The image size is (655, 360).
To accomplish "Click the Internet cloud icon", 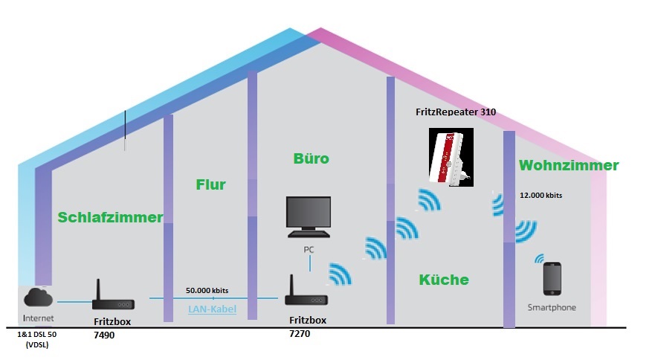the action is click(39, 297).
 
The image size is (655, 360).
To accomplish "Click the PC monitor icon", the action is click(309, 216).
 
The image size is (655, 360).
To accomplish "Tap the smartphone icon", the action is click(552, 278).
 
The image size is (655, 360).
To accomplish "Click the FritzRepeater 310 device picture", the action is click(451, 157).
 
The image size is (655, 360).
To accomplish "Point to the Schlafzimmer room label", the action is click(110, 217).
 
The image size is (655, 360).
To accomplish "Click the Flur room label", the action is click(210, 184).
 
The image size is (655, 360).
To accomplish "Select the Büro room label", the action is click(312, 158).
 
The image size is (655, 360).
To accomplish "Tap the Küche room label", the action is click(444, 280).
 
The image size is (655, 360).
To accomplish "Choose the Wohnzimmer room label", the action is click(569, 165).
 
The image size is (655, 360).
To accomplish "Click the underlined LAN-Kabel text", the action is click(212, 309).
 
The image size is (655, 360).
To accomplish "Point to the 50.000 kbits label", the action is click(207, 290).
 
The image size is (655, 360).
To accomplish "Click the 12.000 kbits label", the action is click(541, 196).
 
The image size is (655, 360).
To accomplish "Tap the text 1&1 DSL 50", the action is click(36, 335).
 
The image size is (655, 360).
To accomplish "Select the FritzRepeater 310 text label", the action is click(456, 112).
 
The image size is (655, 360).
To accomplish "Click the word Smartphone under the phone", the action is click(552, 308).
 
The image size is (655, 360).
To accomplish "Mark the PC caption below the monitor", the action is click(309, 250).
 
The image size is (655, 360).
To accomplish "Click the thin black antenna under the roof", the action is click(125, 130).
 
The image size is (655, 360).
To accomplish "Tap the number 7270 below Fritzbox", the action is click(300, 334).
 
